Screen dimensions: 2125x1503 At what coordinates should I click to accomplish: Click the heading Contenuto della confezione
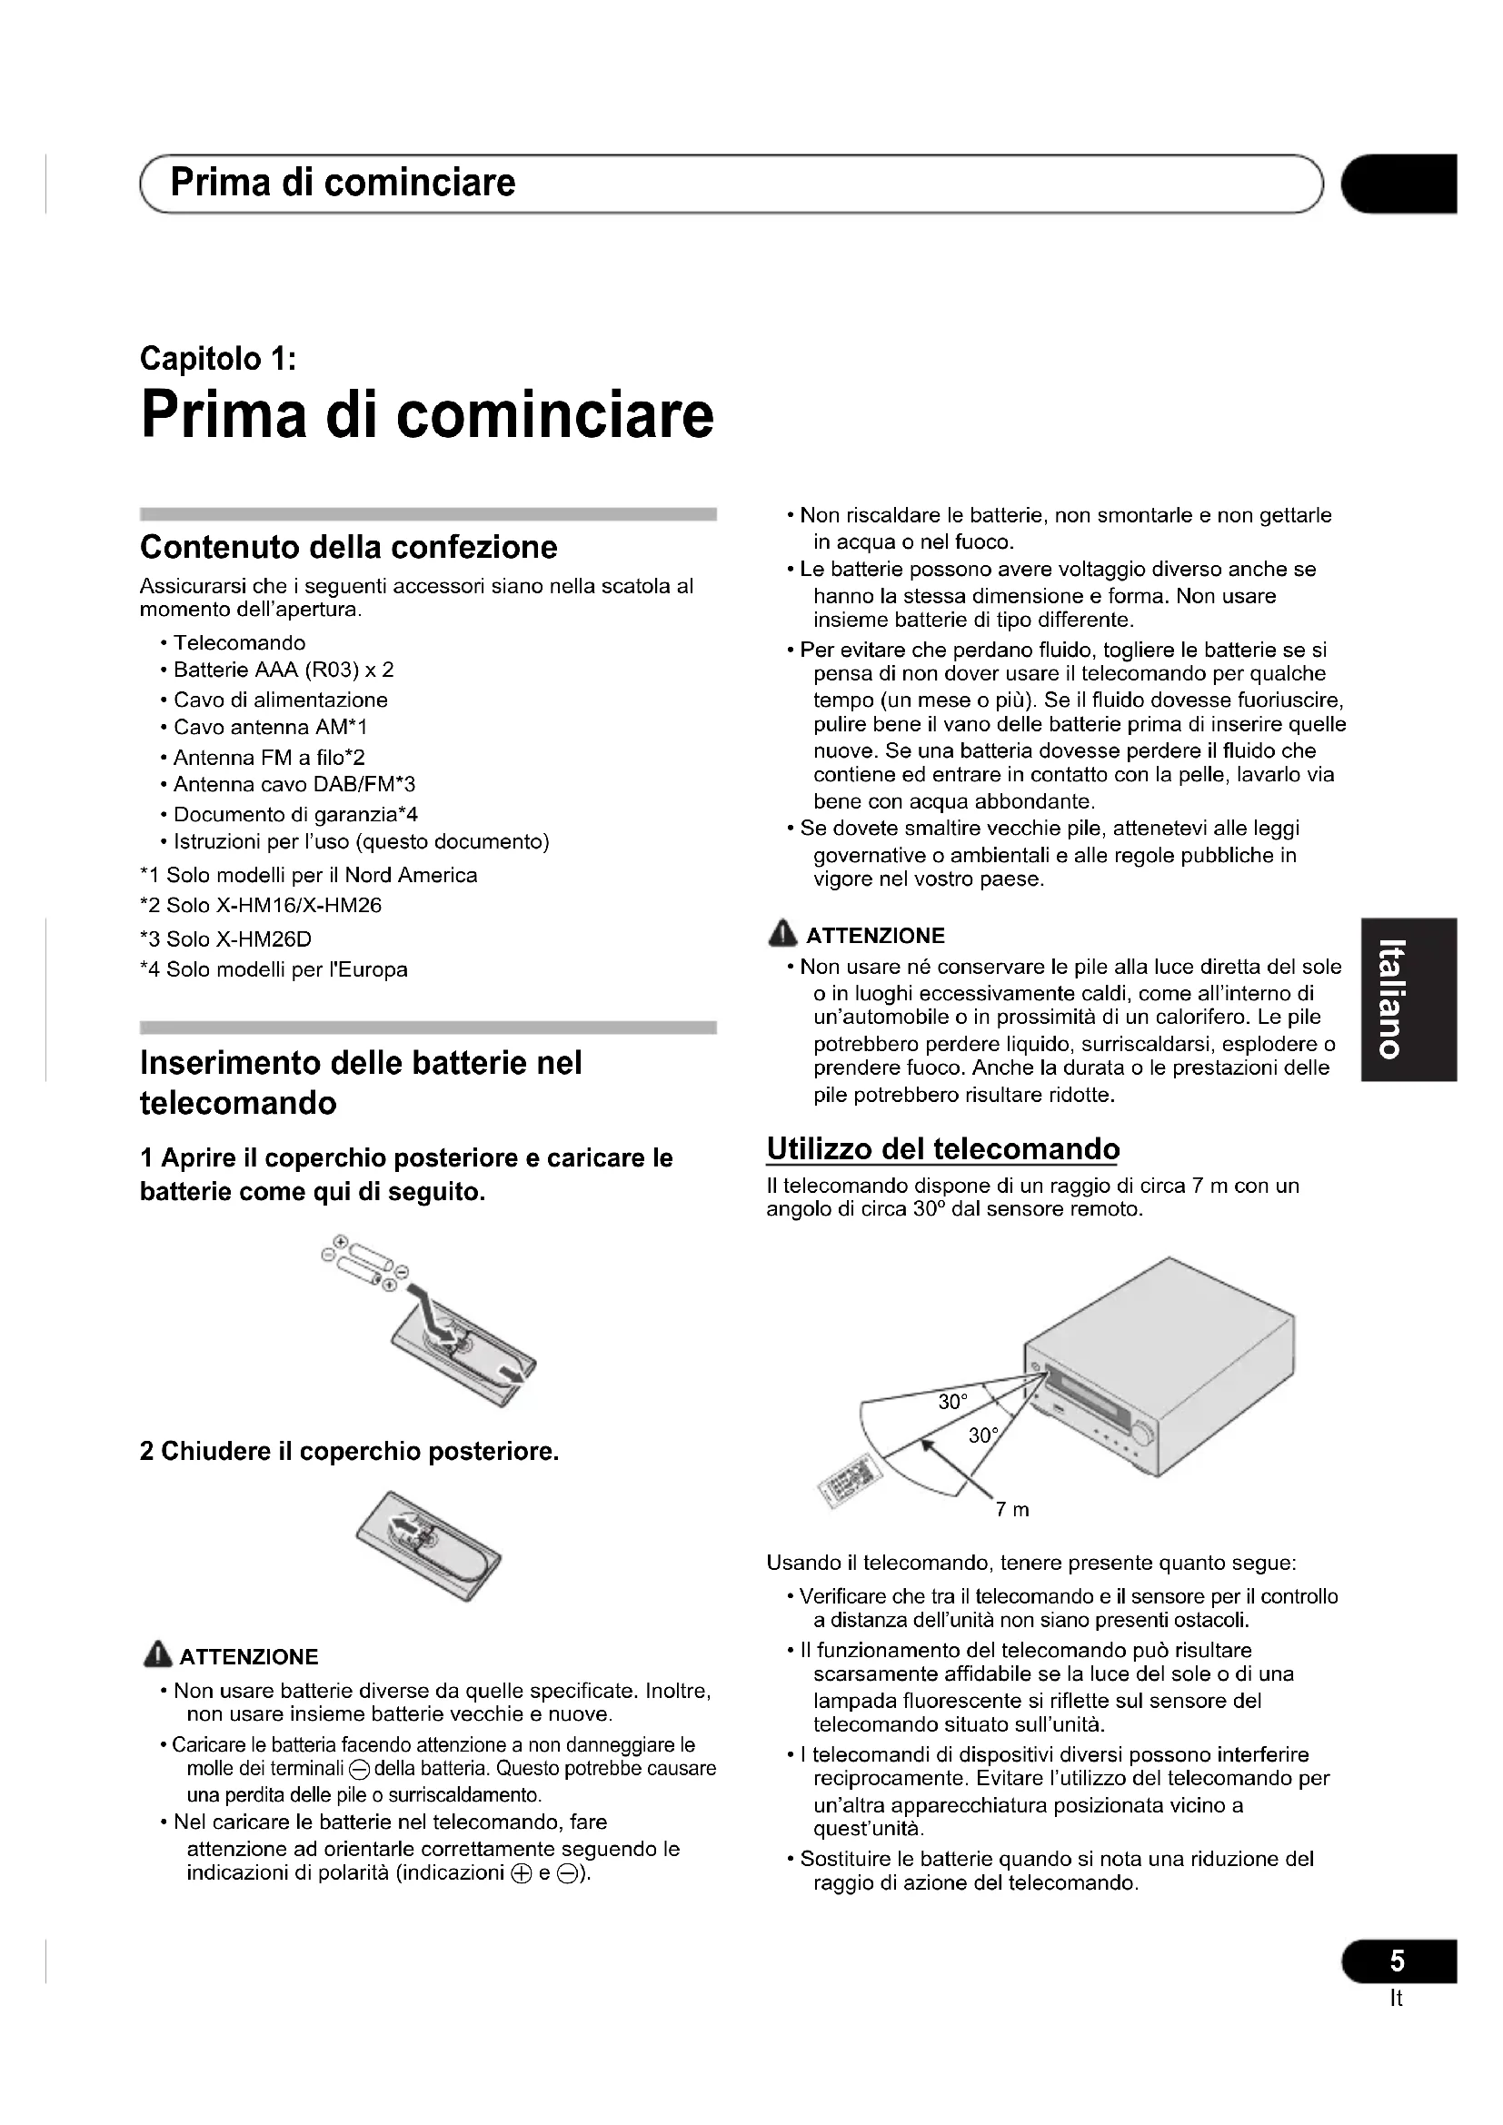(348, 547)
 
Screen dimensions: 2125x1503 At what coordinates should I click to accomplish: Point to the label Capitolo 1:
(217, 358)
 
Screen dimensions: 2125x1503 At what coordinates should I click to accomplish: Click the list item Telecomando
(239, 642)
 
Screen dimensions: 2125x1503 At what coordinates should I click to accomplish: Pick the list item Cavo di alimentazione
(281, 700)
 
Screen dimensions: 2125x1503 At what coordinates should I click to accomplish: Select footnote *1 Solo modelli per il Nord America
(308, 876)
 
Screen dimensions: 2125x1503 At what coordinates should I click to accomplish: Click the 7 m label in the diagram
(1011, 1511)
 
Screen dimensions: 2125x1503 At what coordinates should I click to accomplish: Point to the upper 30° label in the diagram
(952, 1402)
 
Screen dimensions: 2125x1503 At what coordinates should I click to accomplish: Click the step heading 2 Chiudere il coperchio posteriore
(349, 1451)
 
